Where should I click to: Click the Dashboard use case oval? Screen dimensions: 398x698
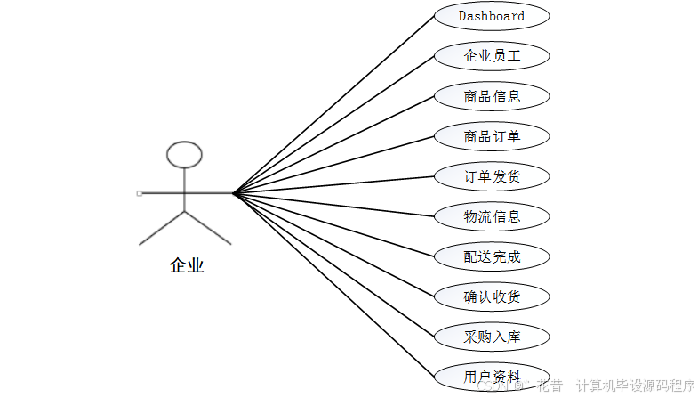coord(492,16)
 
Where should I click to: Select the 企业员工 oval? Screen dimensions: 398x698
coord(492,55)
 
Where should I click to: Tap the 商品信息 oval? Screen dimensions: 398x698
coord(492,95)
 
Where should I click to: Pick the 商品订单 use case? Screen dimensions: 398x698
coord(492,136)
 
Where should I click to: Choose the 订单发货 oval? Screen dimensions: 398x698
coord(492,176)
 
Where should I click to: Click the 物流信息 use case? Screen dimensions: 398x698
coord(492,216)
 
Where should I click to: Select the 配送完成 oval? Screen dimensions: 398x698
coord(492,257)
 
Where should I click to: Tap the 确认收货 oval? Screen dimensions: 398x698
coord(492,296)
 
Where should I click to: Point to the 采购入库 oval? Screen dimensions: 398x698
coord(492,337)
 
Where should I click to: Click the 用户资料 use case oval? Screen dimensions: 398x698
coord(492,377)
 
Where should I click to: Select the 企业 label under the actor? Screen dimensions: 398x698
coord(187,265)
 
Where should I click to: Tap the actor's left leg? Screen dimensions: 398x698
coord(162,227)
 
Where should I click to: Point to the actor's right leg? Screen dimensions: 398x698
coord(208,227)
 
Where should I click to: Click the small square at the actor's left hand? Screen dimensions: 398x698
coord(140,192)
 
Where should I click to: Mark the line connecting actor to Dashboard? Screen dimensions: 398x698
coord(333,104)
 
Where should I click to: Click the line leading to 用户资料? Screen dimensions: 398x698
coord(333,284)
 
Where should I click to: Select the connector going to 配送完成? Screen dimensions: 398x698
coord(333,224)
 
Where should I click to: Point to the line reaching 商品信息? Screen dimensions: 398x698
coord(333,143)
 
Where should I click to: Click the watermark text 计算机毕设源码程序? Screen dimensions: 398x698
coord(635,386)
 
